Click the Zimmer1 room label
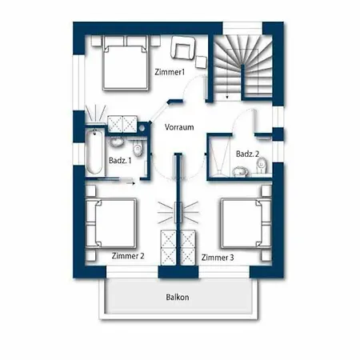coord(170,72)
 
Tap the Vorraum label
coord(179,127)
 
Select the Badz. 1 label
coord(120,161)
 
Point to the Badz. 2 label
coord(247,154)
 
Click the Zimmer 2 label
coord(128,256)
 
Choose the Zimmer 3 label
coord(218,258)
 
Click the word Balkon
coord(178,297)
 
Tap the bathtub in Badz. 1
coord(94,151)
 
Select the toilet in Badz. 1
coord(138,149)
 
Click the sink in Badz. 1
coord(117,142)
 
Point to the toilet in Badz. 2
coord(262,166)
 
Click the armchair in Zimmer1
coord(183,48)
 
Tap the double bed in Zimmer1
coord(126,63)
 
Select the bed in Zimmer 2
coord(111,223)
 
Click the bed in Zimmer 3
coord(246,223)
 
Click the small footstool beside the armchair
coord(201,62)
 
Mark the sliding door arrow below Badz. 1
coord(130,183)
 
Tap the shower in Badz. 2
coord(220,157)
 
